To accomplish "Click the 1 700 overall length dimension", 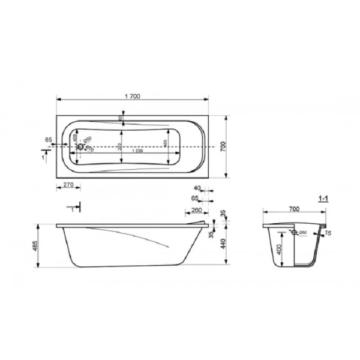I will pos(133,97).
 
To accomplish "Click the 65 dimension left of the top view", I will pos(48,140).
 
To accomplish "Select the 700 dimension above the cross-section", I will pos(293,210).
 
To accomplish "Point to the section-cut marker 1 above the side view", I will pos(73,209).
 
